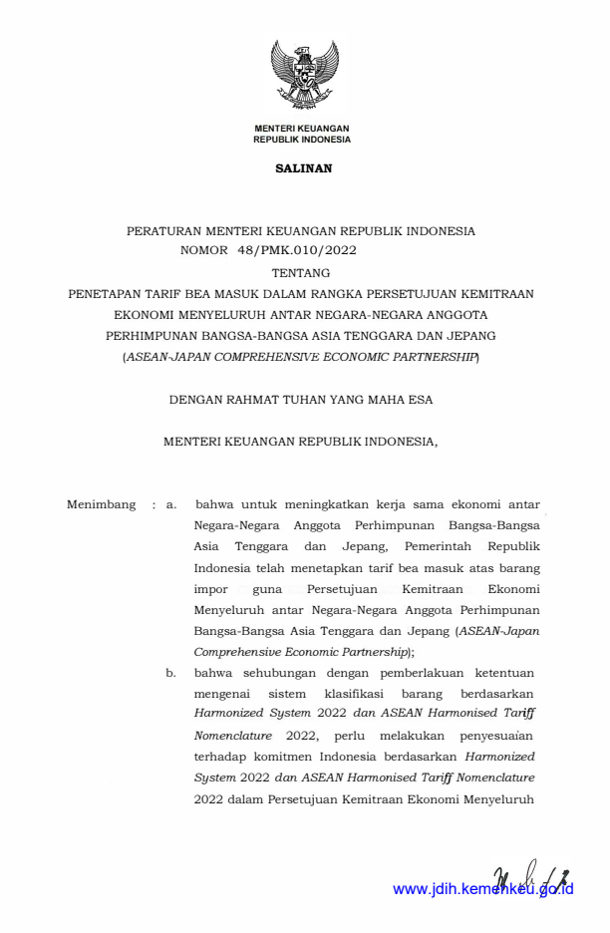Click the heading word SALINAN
[x=303, y=168]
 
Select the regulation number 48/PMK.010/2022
[x=297, y=250]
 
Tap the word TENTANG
[x=301, y=272]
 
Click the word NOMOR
[x=204, y=250]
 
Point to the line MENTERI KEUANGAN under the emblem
[x=302, y=130]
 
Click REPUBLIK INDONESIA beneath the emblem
[x=302, y=141]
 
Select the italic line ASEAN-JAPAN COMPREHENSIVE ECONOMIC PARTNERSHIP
[x=301, y=355]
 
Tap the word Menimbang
[x=101, y=504]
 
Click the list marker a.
[x=171, y=504]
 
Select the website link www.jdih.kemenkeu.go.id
[x=482, y=889]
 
